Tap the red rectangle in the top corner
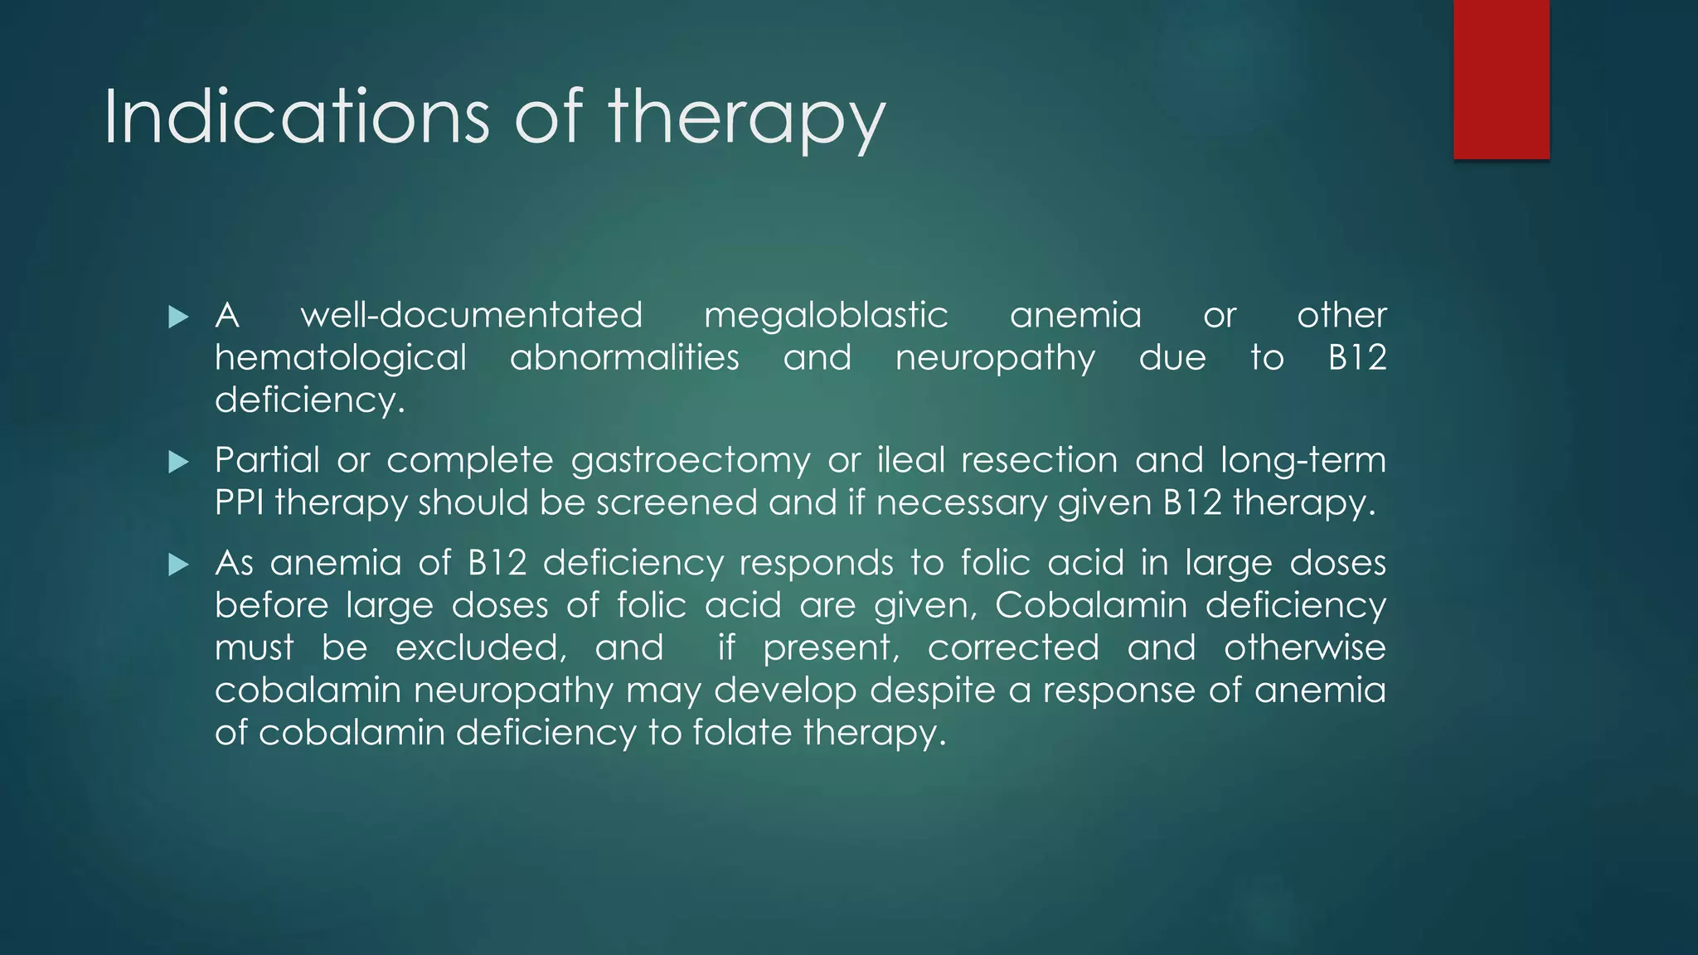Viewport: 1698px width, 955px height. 1501,80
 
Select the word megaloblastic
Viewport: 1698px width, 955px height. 826,316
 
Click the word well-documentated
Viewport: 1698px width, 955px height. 471,316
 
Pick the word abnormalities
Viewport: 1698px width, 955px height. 624,358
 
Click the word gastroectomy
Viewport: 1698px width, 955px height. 691,461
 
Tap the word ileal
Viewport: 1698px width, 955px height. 910,460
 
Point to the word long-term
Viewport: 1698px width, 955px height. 1303,460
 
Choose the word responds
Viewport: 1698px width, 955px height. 816,564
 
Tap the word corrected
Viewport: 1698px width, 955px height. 1013,647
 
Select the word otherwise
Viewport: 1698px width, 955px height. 1304,647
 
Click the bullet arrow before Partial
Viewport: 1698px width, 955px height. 178,462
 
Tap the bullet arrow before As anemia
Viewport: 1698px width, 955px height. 178,565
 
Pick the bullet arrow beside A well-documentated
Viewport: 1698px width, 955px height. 178,317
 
